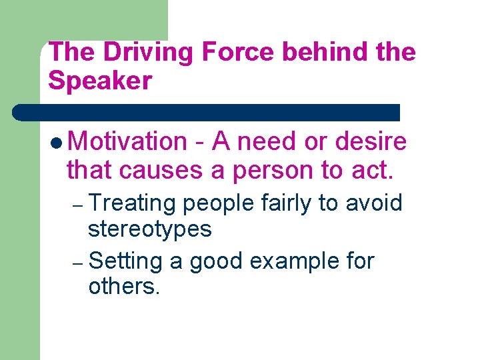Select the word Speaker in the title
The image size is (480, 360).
100,81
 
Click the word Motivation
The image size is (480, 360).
128,141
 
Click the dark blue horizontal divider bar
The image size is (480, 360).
207,112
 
